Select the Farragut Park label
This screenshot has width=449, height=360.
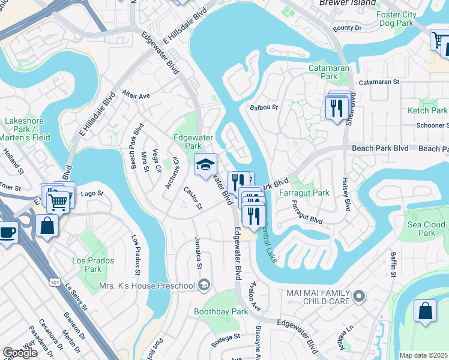click(304, 193)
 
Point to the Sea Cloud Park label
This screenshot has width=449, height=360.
click(426, 229)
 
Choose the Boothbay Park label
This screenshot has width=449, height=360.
click(221, 311)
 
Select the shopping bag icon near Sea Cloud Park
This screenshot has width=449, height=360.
click(425, 312)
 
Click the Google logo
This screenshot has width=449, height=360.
click(20, 353)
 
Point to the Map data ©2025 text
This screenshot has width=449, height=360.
click(424, 355)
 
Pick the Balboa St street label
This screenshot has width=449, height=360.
click(264, 108)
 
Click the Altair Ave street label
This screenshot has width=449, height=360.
click(135, 95)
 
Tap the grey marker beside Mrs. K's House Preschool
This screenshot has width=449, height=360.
click(204, 285)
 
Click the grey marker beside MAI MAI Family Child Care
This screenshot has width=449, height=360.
click(359, 295)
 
